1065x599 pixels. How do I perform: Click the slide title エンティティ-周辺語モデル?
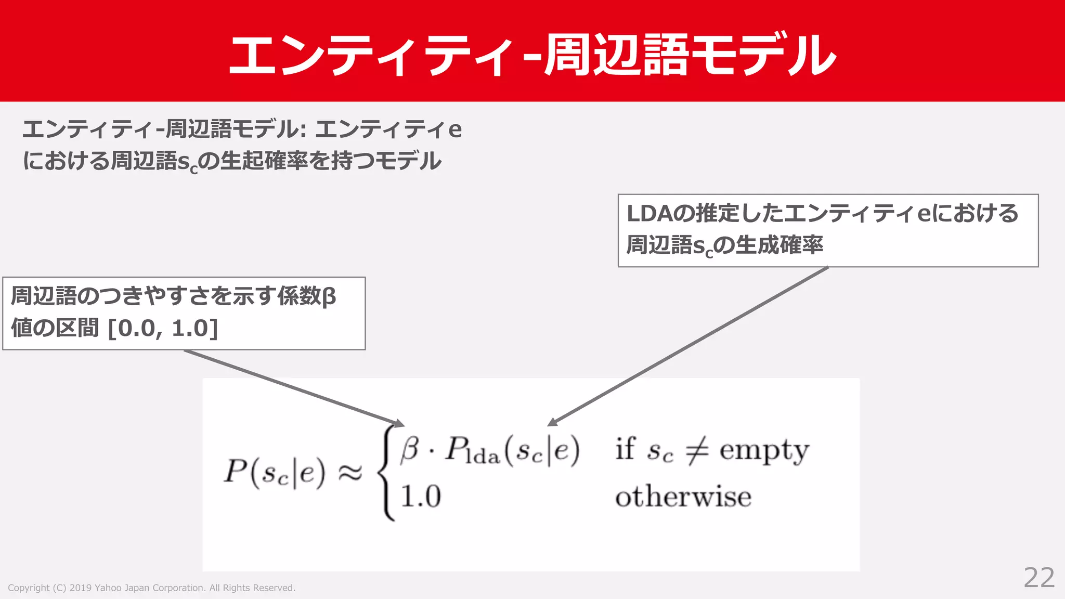coord(532,55)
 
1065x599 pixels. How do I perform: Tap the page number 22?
coord(1039,578)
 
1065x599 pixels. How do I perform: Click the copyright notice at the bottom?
coord(151,588)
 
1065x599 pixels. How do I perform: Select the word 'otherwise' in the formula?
coord(683,497)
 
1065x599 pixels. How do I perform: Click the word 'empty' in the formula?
coord(764,450)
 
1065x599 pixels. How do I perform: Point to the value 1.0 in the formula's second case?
coord(421,496)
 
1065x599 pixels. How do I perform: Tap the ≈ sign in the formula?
coord(350,473)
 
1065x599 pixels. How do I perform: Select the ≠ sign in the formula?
coord(696,450)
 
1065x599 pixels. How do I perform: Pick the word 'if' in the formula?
coord(625,449)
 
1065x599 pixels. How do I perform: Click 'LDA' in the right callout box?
coord(650,214)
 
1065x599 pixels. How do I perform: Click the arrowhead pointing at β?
coord(399,423)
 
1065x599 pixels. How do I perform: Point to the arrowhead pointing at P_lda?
coord(553,422)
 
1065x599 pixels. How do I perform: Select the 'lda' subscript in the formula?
coord(483,456)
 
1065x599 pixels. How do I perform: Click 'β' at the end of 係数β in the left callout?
coord(329,297)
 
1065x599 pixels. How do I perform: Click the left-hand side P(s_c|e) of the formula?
coord(274,473)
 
